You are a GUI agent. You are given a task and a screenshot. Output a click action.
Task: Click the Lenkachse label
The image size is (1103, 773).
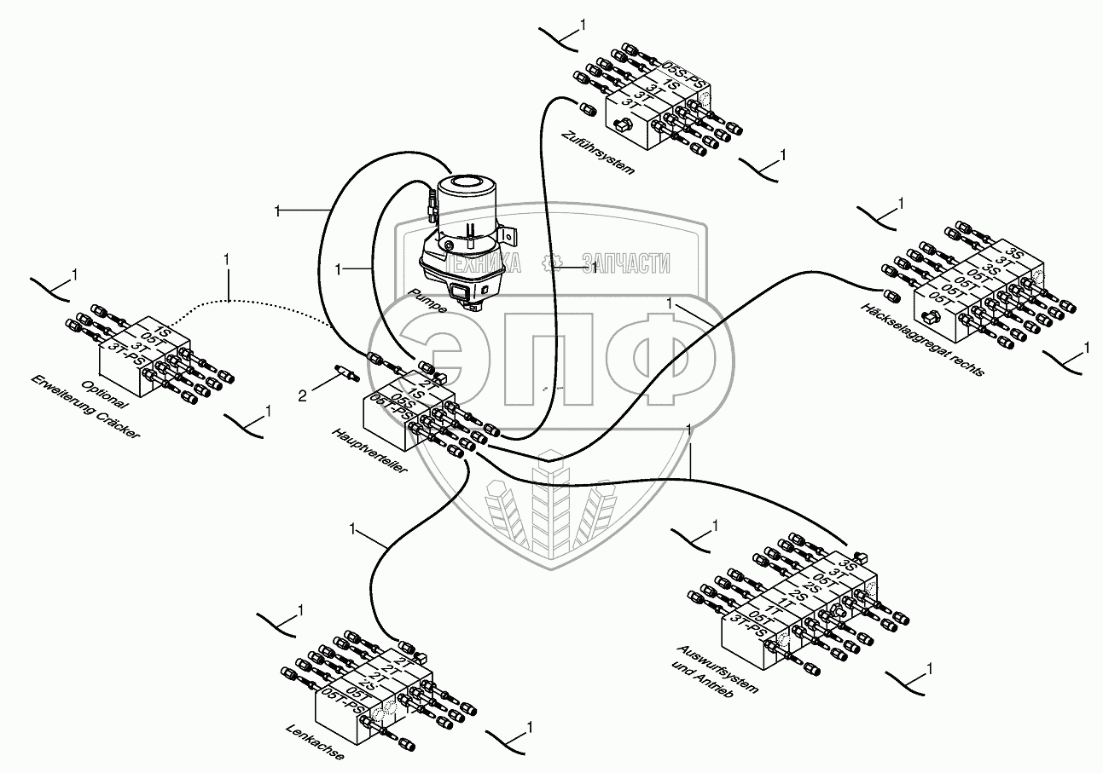[316, 743]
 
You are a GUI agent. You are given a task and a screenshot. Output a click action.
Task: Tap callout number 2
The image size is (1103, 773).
[302, 395]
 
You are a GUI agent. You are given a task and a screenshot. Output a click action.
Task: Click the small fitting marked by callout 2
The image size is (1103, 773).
[345, 374]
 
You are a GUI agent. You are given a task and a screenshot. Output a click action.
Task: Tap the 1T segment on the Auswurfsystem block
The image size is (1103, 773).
[772, 609]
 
